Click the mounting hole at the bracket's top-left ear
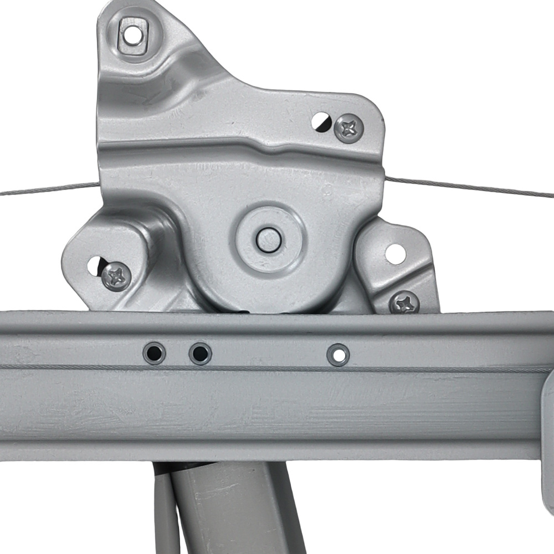pyautogui.click(x=131, y=35)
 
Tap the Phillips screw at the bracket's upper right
pyautogui.click(x=349, y=128)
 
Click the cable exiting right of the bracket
pyautogui.click(x=471, y=187)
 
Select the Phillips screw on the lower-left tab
pyautogui.click(x=117, y=275)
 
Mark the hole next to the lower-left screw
pyautogui.click(x=95, y=265)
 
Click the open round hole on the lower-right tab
pyautogui.click(x=395, y=254)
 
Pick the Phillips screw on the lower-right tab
pyautogui.click(x=404, y=302)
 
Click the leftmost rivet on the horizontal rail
pyautogui.click(x=154, y=353)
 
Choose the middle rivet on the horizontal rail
pyautogui.click(x=199, y=353)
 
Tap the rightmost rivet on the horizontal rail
pyautogui.click(x=338, y=355)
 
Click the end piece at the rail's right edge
pyautogui.click(x=547, y=443)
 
